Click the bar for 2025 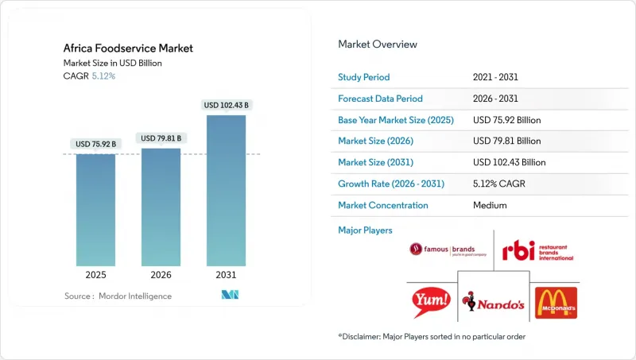tap(96, 210)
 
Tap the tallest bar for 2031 tap(226, 191)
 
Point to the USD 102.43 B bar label tap(226, 105)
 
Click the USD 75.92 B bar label tap(96, 144)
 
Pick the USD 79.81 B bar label tap(161, 138)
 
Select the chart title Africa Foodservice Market tap(128, 48)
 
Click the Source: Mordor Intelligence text tap(118, 296)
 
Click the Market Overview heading tap(378, 44)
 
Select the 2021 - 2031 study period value tap(495, 78)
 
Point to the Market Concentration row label tap(383, 205)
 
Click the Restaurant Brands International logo tap(537, 251)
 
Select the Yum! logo tap(431, 303)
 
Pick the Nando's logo tap(493, 303)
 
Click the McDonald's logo tap(555, 303)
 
